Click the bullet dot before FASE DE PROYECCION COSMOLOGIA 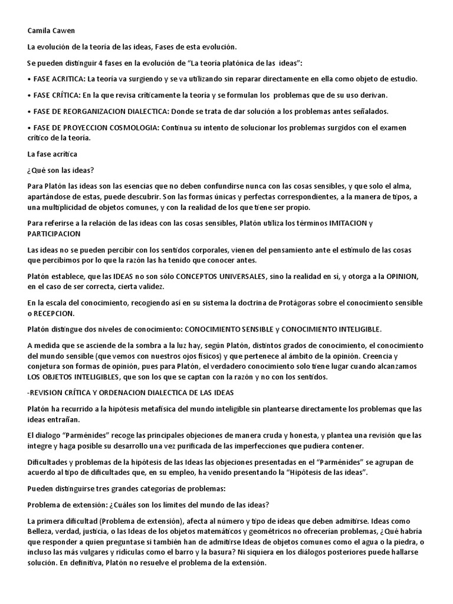(29, 128)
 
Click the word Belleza (41, 531)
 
